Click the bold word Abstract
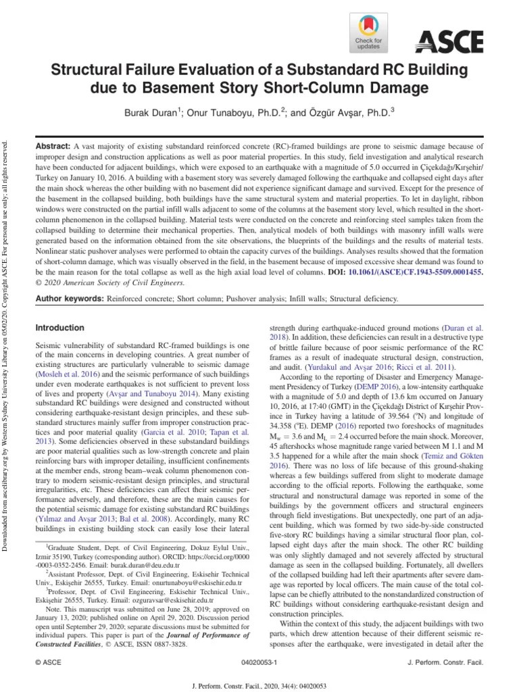pos(52,146)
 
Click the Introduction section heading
pos(59,328)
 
